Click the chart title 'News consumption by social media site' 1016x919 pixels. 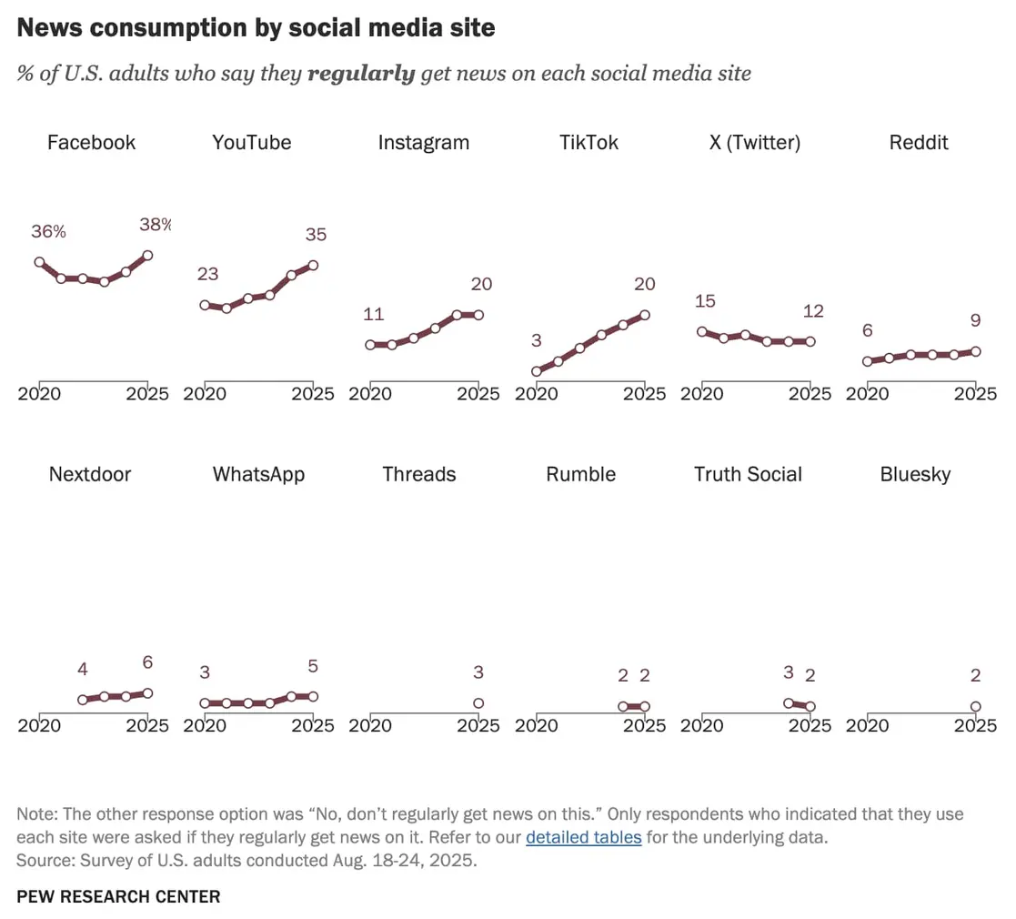(256, 28)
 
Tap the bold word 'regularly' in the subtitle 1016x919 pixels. (361, 74)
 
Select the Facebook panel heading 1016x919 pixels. (91, 143)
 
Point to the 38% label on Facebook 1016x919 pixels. (155, 225)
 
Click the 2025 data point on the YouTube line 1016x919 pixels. (313, 266)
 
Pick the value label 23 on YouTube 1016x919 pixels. (208, 274)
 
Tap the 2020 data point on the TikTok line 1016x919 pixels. (537, 371)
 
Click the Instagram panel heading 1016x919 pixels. (423, 143)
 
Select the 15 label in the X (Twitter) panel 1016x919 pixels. (705, 301)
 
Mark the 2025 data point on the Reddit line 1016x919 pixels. (975, 351)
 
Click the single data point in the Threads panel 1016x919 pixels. (478, 703)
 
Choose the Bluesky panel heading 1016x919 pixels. (915, 475)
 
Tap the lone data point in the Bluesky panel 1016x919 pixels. (975, 706)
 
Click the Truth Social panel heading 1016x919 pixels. (748, 475)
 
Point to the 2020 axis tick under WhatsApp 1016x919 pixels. (205, 726)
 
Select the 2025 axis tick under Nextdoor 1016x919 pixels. (147, 726)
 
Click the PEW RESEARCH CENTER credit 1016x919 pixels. (118, 897)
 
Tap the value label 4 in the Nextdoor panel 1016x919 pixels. (83, 670)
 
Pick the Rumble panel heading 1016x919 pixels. (580, 475)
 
